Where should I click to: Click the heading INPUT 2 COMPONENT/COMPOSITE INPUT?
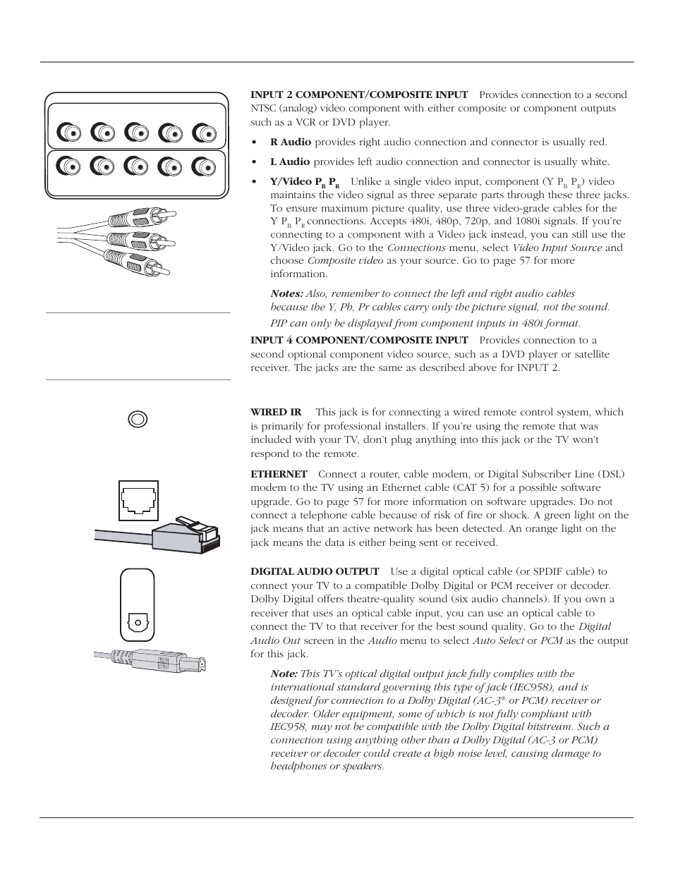(359, 95)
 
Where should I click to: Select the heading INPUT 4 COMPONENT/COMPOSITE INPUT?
(359, 340)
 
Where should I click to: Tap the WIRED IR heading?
(276, 412)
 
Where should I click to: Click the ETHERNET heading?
(279, 474)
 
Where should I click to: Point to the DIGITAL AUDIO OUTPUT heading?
(315, 571)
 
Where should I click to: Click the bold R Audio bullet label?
(291, 142)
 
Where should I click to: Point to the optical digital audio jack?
(138, 623)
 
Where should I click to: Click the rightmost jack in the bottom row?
(204, 166)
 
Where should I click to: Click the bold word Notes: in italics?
(287, 293)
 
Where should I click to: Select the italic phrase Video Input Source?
(557, 248)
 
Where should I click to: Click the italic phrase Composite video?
(345, 260)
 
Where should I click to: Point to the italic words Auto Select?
(498, 640)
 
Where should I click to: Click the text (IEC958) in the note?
(531, 687)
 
